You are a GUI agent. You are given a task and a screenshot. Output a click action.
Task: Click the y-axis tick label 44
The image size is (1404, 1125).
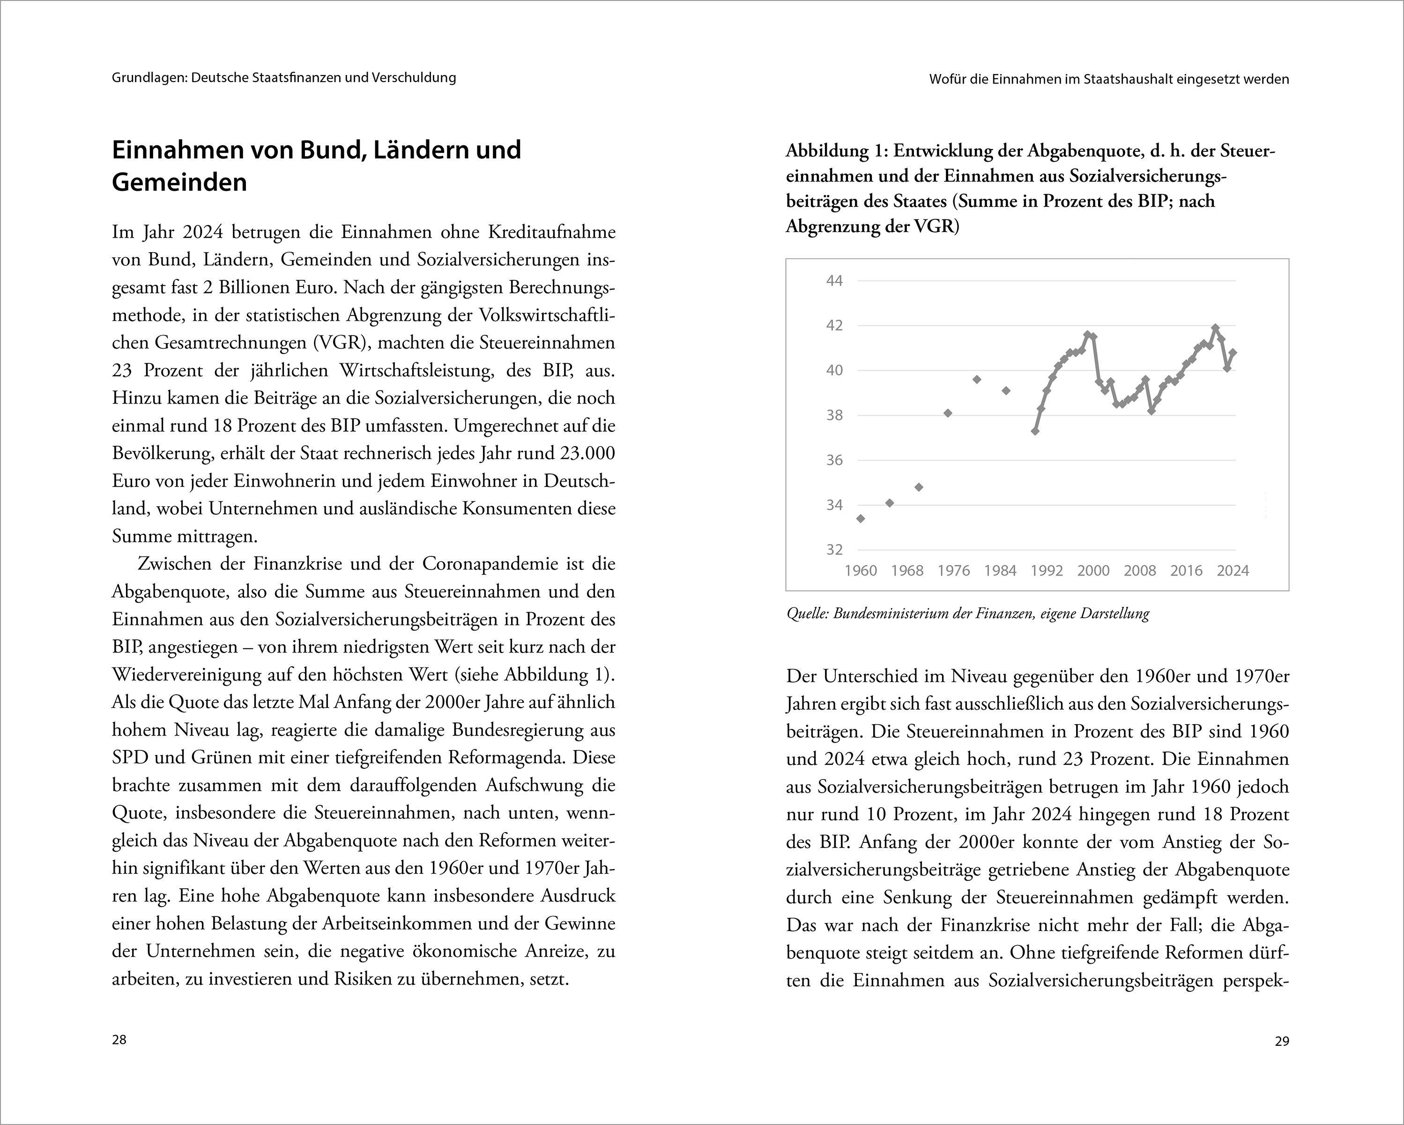click(834, 281)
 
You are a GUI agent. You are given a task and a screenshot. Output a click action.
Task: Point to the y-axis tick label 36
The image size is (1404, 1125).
click(834, 460)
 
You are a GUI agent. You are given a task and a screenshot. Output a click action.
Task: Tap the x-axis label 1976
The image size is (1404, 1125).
click(953, 570)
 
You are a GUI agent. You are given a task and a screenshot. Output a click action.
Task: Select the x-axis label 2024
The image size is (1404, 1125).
click(1233, 570)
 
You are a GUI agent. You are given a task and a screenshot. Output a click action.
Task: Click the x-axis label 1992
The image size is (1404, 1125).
click(1047, 570)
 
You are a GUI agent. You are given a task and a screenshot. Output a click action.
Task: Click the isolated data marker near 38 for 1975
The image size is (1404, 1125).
click(948, 413)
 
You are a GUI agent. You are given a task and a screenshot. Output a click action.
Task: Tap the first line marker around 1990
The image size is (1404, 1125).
click(1035, 431)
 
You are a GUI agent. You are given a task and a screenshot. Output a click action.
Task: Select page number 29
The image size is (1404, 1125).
click(1282, 1042)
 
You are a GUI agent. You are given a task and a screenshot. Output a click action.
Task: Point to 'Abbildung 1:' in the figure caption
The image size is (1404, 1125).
click(836, 151)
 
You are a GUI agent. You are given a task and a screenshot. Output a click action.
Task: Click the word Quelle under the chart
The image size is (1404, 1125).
click(806, 614)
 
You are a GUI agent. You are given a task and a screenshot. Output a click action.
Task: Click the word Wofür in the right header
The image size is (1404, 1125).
click(948, 80)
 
